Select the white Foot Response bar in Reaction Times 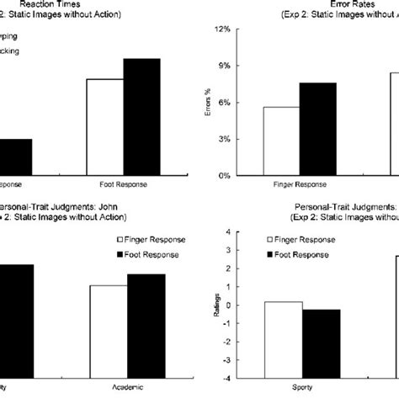(x=105, y=127)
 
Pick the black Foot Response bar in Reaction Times (x=141, y=117)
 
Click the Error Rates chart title (x=347, y=3)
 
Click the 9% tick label (x=223, y=66)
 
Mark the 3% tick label (x=223, y=139)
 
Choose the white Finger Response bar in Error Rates (x=282, y=141)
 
